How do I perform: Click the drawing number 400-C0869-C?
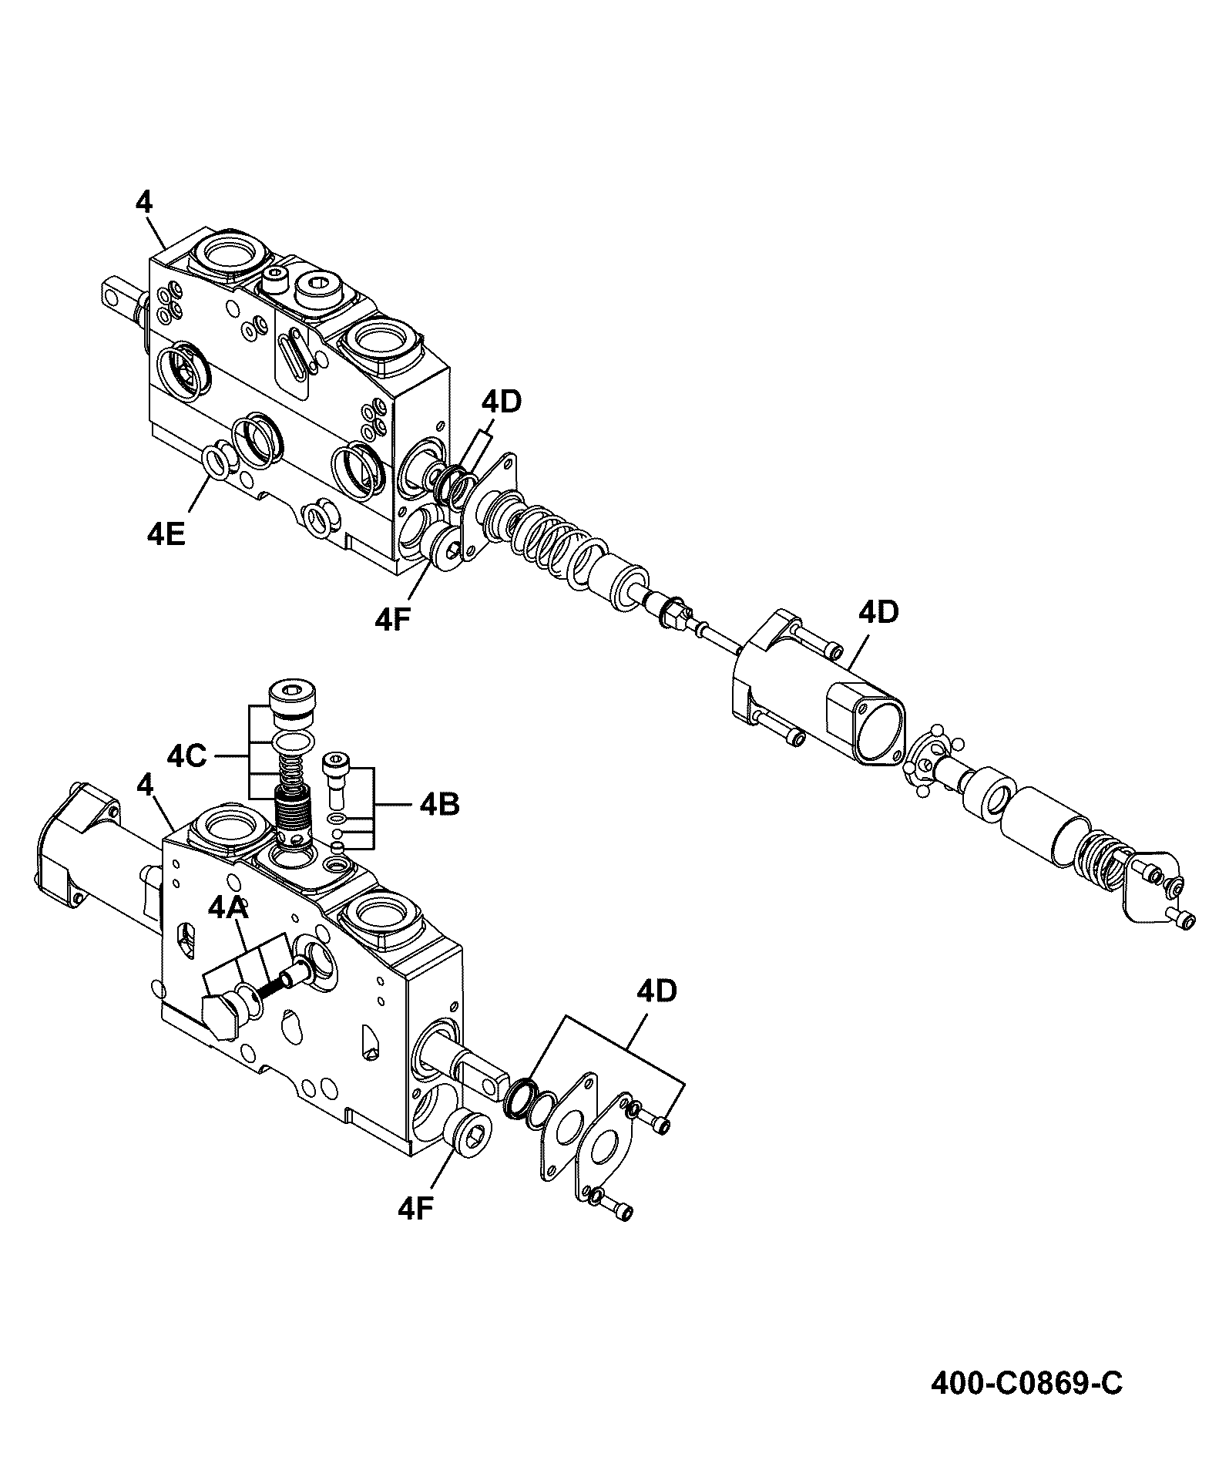coord(1026,1384)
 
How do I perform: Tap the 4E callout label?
coord(166,533)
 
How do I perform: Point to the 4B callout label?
coord(440,805)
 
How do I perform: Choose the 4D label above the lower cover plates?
coord(656,991)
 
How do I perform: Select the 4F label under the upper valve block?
coord(394,621)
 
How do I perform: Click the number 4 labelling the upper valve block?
coord(144,202)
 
